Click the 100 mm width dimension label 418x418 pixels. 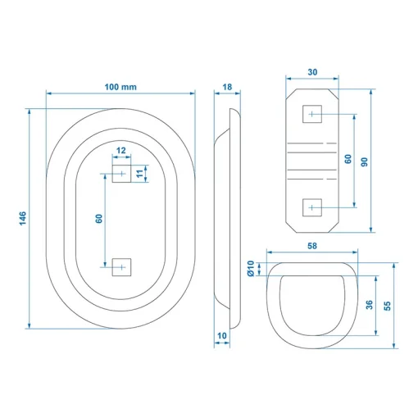click(x=120, y=87)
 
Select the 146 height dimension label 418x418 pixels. click(x=23, y=218)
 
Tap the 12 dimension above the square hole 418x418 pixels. click(x=121, y=151)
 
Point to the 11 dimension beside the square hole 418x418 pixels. click(x=139, y=174)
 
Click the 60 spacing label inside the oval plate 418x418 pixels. click(x=98, y=219)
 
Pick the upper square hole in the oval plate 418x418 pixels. click(x=121, y=174)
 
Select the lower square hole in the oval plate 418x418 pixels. click(x=121, y=267)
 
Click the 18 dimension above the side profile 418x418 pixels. click(x=227, y=87)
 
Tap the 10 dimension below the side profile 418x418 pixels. click(x=222, y=335)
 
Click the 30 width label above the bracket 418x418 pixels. click(x=312, y=72)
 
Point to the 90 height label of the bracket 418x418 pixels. click(x=364, y=162)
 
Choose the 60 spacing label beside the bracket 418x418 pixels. click(x=348, y=159)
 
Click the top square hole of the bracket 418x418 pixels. click(x=312, y=114)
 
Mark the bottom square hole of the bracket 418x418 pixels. click(x=312, y=207)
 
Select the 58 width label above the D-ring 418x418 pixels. click(x=312, y=246)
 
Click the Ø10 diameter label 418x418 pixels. click(x=251, y=269)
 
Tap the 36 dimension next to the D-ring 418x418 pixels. click(x=369, y=305)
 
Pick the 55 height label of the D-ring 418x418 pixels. click(x=387, y=306)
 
